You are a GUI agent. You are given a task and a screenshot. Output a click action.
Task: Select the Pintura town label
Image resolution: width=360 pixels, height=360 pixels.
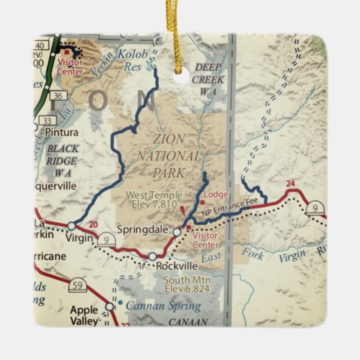coord(60,132)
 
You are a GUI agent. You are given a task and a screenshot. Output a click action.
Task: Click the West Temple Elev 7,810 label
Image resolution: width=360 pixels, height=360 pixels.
coord(151,198)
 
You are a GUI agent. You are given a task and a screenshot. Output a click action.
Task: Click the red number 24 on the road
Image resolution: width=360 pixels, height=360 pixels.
coord(290,183)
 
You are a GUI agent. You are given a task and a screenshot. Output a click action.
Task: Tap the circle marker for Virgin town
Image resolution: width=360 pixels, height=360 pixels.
coord(71,226)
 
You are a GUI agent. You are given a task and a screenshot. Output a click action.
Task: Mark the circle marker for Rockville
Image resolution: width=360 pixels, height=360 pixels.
coord(152,256)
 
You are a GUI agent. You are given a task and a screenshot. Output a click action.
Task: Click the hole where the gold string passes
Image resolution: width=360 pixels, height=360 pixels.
coord(180,76)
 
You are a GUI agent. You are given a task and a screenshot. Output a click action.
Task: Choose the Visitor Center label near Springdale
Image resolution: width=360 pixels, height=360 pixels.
coord(204,240)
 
